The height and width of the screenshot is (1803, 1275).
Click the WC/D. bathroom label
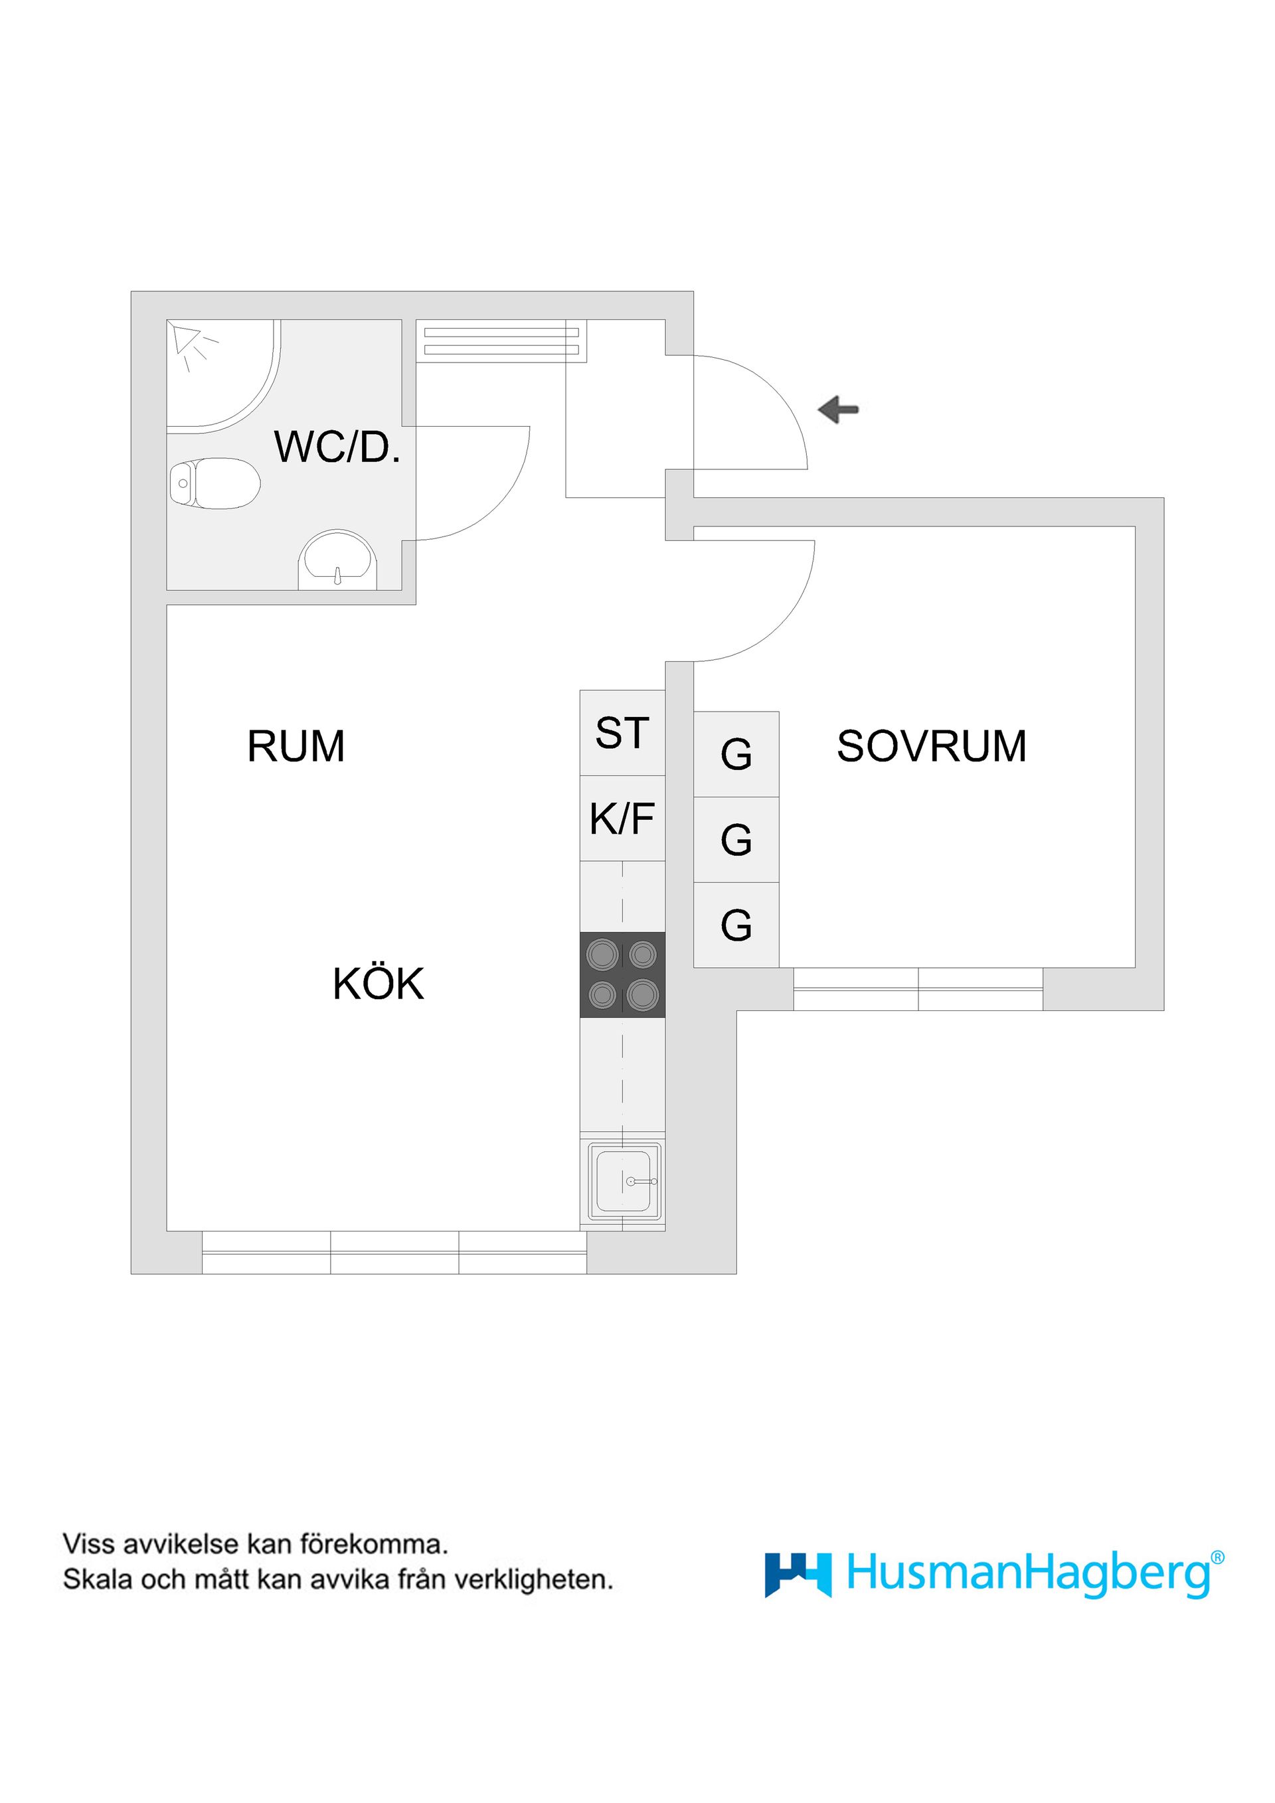[x=337, y=447]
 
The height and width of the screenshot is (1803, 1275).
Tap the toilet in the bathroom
[x=214, y=483]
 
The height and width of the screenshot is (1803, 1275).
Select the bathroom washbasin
[x=337, y=559]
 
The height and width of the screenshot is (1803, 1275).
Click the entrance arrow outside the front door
[x=838, y=409]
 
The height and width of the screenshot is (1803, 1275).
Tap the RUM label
[x=296, y=746]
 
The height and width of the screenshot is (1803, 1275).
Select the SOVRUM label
[x=932, y=746]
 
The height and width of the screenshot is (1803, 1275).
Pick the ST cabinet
[x=622, y=733]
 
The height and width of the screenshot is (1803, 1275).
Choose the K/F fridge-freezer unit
[x=622, y=819]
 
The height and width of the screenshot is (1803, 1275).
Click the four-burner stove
[x=622, y=975]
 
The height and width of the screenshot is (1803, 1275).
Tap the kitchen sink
[x=623, y=1180]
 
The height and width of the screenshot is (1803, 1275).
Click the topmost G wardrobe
[x=736, y=754]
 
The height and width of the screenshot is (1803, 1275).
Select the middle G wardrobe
[x=736, y=840]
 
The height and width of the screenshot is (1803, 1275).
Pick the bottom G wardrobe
[x=736, y=925]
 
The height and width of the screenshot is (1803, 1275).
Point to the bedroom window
[x=918, y=988]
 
